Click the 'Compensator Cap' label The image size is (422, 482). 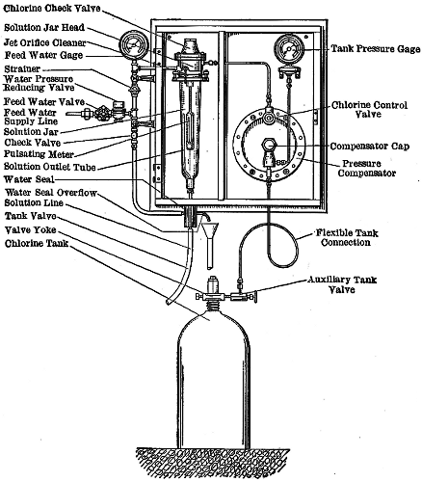pos(371,147)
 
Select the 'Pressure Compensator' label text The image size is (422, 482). pos(371,171)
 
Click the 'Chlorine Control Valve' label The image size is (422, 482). pos(371,110)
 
